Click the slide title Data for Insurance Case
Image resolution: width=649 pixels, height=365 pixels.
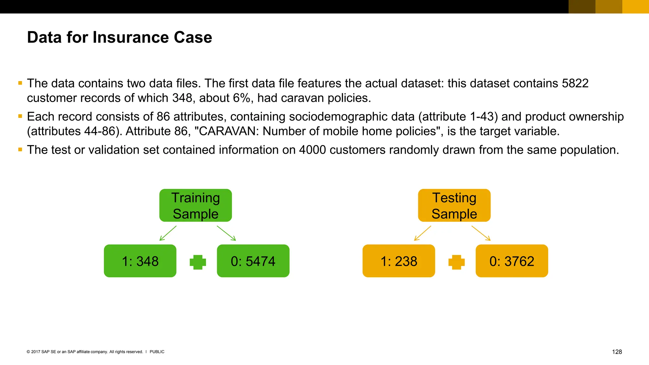tap(119, 37)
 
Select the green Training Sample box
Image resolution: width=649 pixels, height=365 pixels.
tap(196, 205)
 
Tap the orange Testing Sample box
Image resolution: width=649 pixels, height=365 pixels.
tap(454, 205)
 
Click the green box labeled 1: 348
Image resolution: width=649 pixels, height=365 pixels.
tap(140, 261)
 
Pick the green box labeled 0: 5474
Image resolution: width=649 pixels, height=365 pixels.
tap(253, 261)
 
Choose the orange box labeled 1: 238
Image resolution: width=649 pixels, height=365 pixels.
tap(399, 261)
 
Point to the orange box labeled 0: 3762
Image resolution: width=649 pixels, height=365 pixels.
tap(512, 261)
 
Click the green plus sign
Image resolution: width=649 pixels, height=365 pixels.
tap(198, 262)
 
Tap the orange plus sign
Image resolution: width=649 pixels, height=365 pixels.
tap(457, 262)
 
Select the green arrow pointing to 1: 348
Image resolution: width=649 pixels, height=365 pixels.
tap(168, 233)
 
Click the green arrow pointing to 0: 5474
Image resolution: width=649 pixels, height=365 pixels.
tap(226, 233)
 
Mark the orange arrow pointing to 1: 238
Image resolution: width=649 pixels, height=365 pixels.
tap(423, 233)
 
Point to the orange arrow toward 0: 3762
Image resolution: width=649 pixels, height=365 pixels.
tap(481, 233)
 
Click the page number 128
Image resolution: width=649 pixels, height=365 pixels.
tap(617, 352)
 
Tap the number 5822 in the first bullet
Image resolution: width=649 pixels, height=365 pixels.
tap(575, 83)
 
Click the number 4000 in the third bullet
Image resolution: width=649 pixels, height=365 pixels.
tap(312, 150)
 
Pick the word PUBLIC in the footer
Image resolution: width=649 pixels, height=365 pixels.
tap(157, 352)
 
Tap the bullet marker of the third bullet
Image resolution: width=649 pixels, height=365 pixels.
tap(20, 150)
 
